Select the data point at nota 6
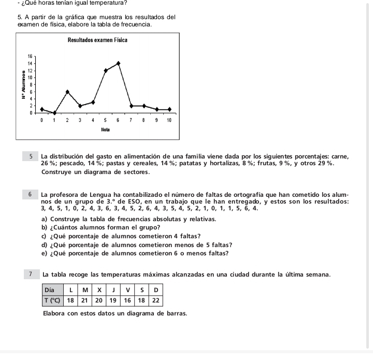[x=118, y=63]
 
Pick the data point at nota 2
[x=67, y=92]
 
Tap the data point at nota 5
[x=106, y=70]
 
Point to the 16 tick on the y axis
[x=30, y=55]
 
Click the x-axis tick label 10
[x=169, y=120]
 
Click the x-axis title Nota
[x=105, y=129]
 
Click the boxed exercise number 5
[x=32, y=155]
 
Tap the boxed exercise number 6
[x=32, y=195]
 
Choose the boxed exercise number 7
[x=32, y=273]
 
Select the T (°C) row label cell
[x=51, y=300]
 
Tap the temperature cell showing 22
[x=155, y=300]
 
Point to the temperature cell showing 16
[x=127, y=300]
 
